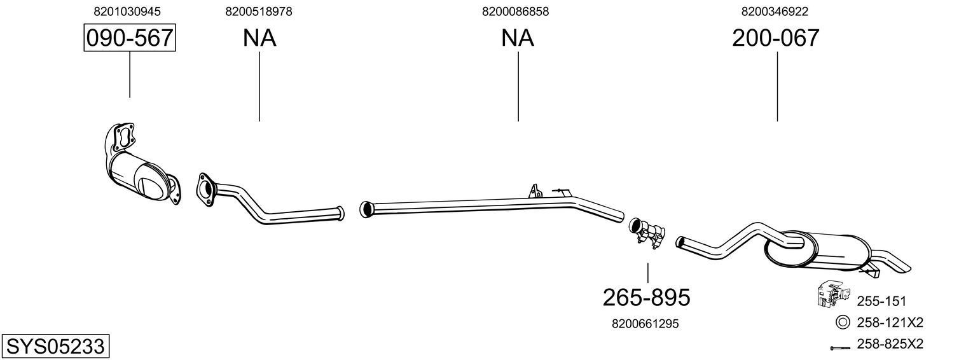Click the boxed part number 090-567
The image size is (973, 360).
coord(130,38)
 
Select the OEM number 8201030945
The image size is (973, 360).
coord(127,11)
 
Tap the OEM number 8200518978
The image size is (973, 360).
coord(259,11)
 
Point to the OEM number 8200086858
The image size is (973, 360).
coord(516,11)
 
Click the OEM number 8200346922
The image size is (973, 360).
coord(775,11)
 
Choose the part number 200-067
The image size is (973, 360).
coord(775,38)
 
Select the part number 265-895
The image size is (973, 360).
coord(646,296)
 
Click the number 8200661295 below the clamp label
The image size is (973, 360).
coord(645,324)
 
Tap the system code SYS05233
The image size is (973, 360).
coord(55,347)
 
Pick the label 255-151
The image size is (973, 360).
coord(881,301)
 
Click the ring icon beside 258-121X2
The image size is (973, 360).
coord(843,322)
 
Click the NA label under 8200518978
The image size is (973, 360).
coord(259,38)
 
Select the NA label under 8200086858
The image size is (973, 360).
coord(518,38)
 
